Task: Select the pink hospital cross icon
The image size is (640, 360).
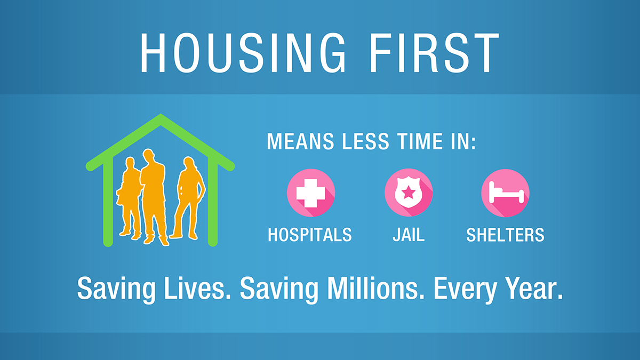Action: pyautogui.click(x=311, y=193)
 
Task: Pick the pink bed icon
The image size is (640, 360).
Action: pyautogui.click(x=505, y=193)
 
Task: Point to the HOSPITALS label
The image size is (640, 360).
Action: pyautogui.click(x=310, y=235)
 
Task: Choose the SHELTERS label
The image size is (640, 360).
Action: pyautogui.click(x=505, y=235)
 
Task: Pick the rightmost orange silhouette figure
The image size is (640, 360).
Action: pyautogui.click(x=188, y=197)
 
